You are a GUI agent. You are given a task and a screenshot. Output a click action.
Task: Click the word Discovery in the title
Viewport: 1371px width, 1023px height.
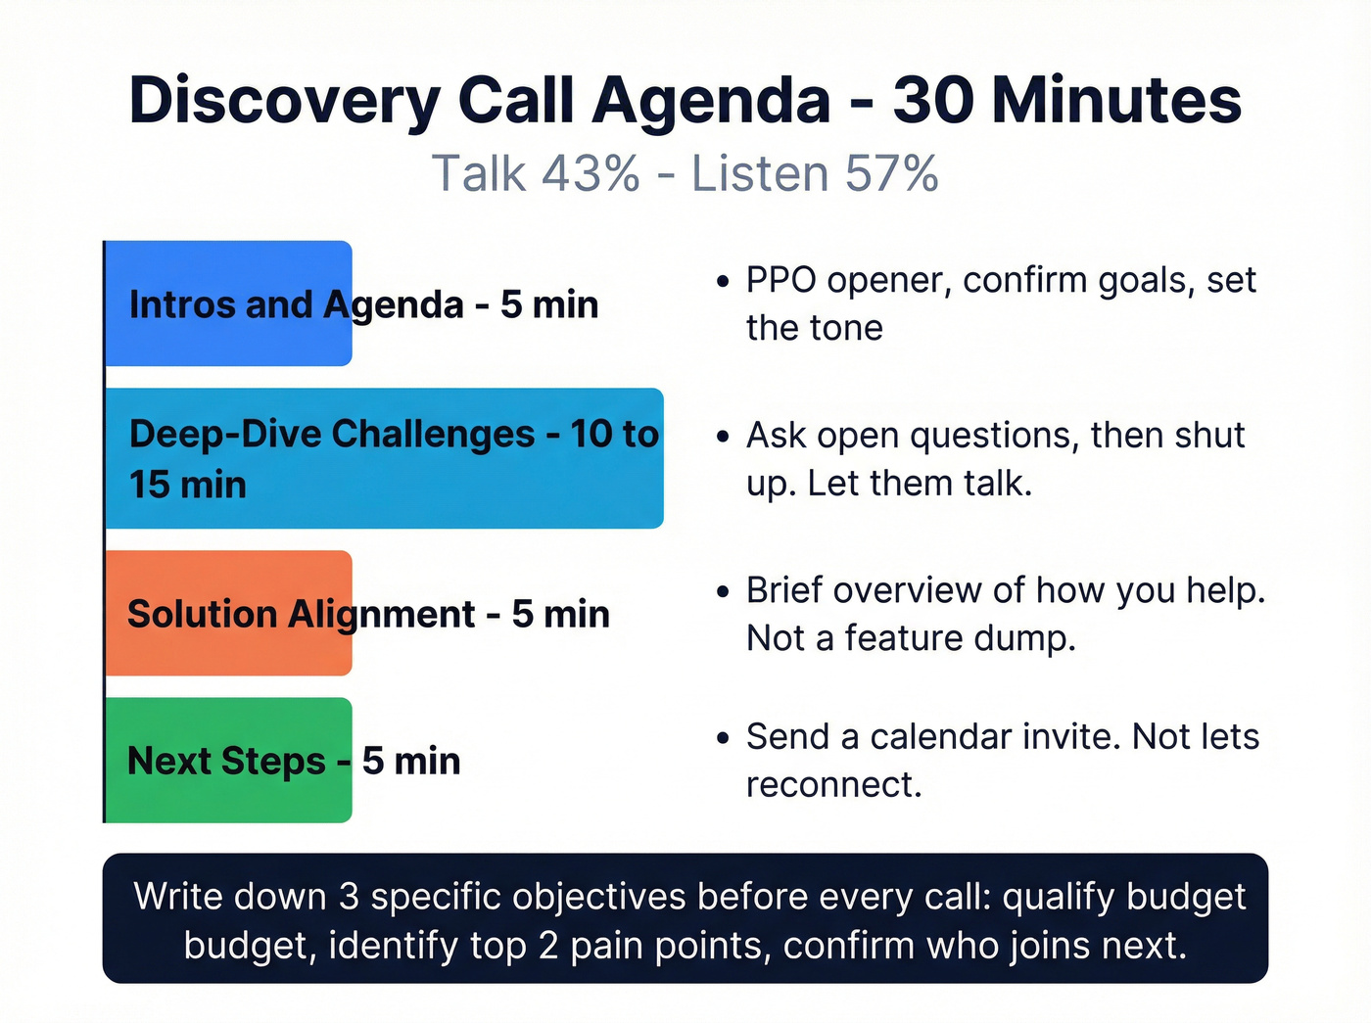(285, 101)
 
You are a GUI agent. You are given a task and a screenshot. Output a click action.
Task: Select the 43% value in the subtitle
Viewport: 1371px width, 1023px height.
(591, 174)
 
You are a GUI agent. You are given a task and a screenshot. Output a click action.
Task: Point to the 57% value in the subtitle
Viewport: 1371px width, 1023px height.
(891, 174)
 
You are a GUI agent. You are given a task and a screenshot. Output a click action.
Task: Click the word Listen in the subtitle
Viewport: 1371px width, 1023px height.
(760, 174)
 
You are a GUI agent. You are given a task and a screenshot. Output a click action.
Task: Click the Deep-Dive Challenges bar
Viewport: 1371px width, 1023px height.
(384, 458)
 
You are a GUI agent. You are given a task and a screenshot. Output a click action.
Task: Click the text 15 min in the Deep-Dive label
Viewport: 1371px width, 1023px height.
(188, 485)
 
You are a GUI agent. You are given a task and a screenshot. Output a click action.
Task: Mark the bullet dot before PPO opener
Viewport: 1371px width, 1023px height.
(723, 282)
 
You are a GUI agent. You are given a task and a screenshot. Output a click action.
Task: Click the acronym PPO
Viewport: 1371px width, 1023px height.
(781, 281)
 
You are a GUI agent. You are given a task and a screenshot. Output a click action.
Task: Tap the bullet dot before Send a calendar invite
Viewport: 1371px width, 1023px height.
(723, 738)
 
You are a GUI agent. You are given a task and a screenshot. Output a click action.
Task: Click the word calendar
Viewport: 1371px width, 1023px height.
(940, 737)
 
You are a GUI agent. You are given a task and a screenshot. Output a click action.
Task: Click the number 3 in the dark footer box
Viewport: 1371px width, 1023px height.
(350, 898)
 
